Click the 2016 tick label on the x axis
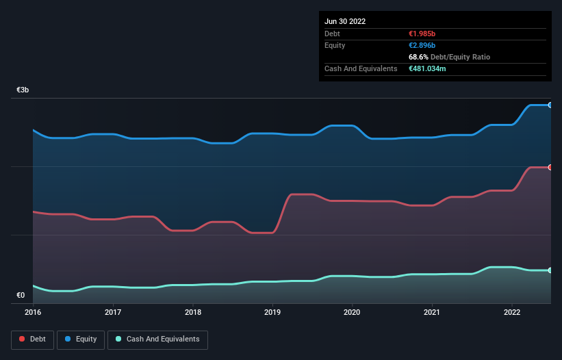coord(33,312)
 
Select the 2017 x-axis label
coord(113,312)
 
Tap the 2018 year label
coord(193,312)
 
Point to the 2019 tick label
coord(272,312)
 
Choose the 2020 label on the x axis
coord(353,312)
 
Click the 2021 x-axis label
coord(432,312)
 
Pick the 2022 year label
coord(512,312)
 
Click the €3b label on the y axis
coord(23,90)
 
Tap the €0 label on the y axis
coord(21,296)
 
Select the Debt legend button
coord(31,339)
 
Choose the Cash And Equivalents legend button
coord(157,339)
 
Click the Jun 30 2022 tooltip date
coord(345,21)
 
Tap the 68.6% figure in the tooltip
coord(418,57)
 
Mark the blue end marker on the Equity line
coord(550,105)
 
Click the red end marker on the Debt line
coord(550,167)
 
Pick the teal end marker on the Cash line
coord(550,270)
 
